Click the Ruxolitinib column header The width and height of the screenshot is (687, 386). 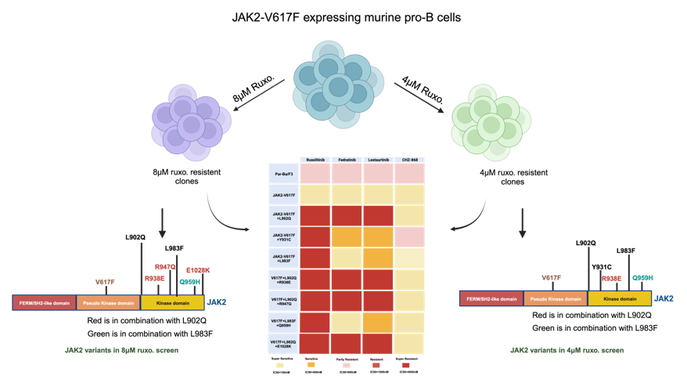click(315, 160)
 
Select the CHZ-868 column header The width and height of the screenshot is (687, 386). click(409, 160)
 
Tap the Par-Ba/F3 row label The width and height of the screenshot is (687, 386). click(283, 173)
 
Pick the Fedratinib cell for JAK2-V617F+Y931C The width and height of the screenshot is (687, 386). click(347, 236)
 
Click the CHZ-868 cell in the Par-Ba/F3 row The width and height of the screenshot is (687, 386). click(409, 173)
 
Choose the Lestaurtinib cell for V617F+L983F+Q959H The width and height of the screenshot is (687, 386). click(378, 321)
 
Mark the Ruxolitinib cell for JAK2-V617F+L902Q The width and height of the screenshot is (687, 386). click(315, 215)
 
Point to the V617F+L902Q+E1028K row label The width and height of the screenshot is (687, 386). click(283, 342)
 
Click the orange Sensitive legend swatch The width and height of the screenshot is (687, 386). click(311, 364)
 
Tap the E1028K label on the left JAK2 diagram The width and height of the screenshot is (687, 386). click(198, 270)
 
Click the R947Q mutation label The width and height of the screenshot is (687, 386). click(165, 267)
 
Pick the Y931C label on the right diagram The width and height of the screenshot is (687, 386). click(601, 267)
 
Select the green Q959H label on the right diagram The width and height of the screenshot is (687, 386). click(642, 278)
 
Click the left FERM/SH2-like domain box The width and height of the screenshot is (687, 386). click(44, 302)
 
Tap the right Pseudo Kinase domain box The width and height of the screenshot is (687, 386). click(556, 298)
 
